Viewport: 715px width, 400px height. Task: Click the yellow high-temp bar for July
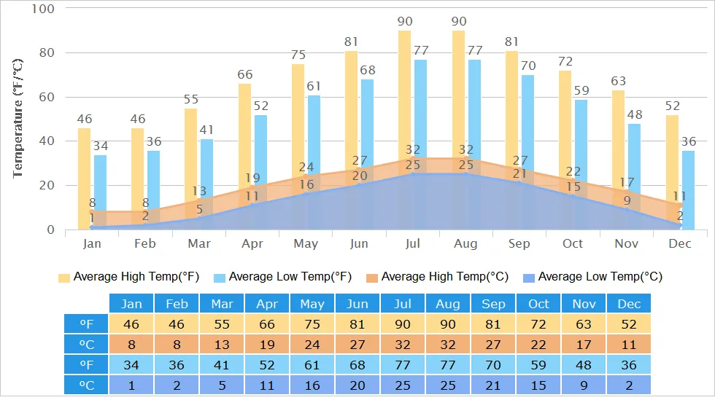pyautogui.click(x=404, y=95)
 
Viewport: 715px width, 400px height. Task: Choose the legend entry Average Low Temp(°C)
pyautogui.click(x=592, y=277)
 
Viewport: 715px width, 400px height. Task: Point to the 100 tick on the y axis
pyautogui.click(x=44, y=9)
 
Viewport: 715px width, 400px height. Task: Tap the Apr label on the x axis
pyautogui.click(x=252, y=244)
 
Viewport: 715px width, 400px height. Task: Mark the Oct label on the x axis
pyautogui.click(x=573, y=244)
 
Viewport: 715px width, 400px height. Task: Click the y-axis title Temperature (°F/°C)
pyautogui.click(x=18, y=118)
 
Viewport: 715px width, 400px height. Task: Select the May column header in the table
pyautogui.click(x=312, y=304)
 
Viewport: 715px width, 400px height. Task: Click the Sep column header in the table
pyautogui.click(x=493, y=304)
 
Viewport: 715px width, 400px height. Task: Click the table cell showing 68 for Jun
pyautogui.click(x=357, y=365)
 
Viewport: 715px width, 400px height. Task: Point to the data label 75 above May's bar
pyautogui.click(x=298, y=55)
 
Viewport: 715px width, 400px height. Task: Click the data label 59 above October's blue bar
pyautogui.click(x=581, y=91)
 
